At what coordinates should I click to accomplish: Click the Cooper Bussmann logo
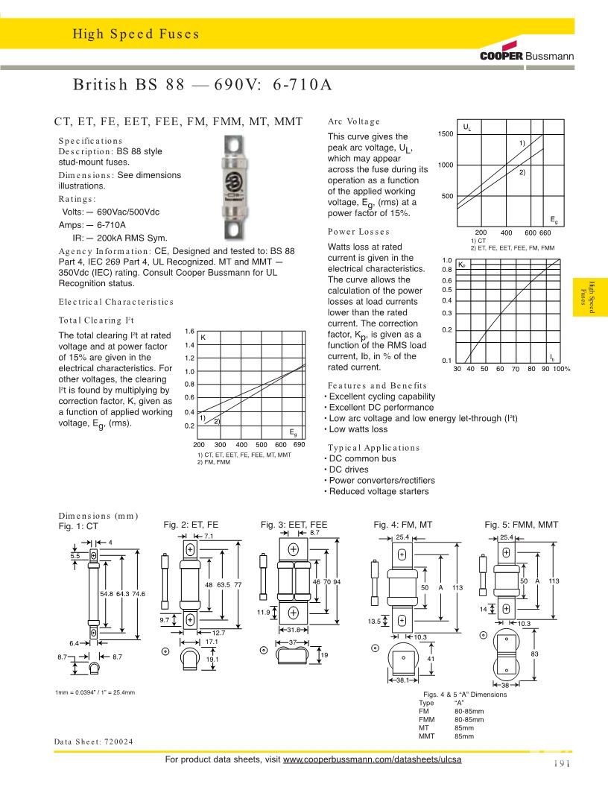click(526, 56)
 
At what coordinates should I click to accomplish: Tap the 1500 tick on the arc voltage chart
click(446, 133)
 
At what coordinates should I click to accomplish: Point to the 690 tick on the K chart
click(300, 444)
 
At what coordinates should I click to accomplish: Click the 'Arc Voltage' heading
click(354, 121)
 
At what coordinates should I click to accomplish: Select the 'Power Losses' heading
click(358, 232)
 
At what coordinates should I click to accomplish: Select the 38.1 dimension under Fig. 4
click(402, 680)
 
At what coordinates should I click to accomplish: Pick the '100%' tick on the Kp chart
click(561, 369)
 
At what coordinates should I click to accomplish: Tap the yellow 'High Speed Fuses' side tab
click(590, 297)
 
